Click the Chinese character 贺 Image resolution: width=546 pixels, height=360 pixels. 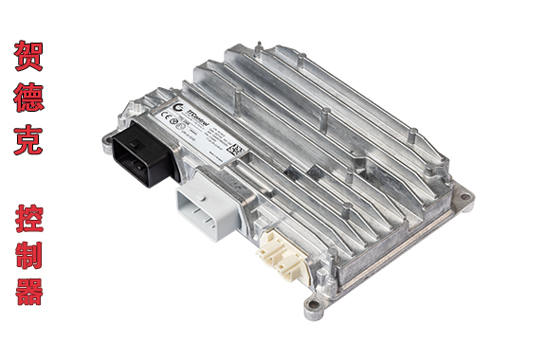pyautogui.click(x=28, y=56)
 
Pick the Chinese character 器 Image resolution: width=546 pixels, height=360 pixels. pyautogui.click(x=28, y=289)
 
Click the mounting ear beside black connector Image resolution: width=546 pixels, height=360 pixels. pyautogui.click(x=124, y=120)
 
